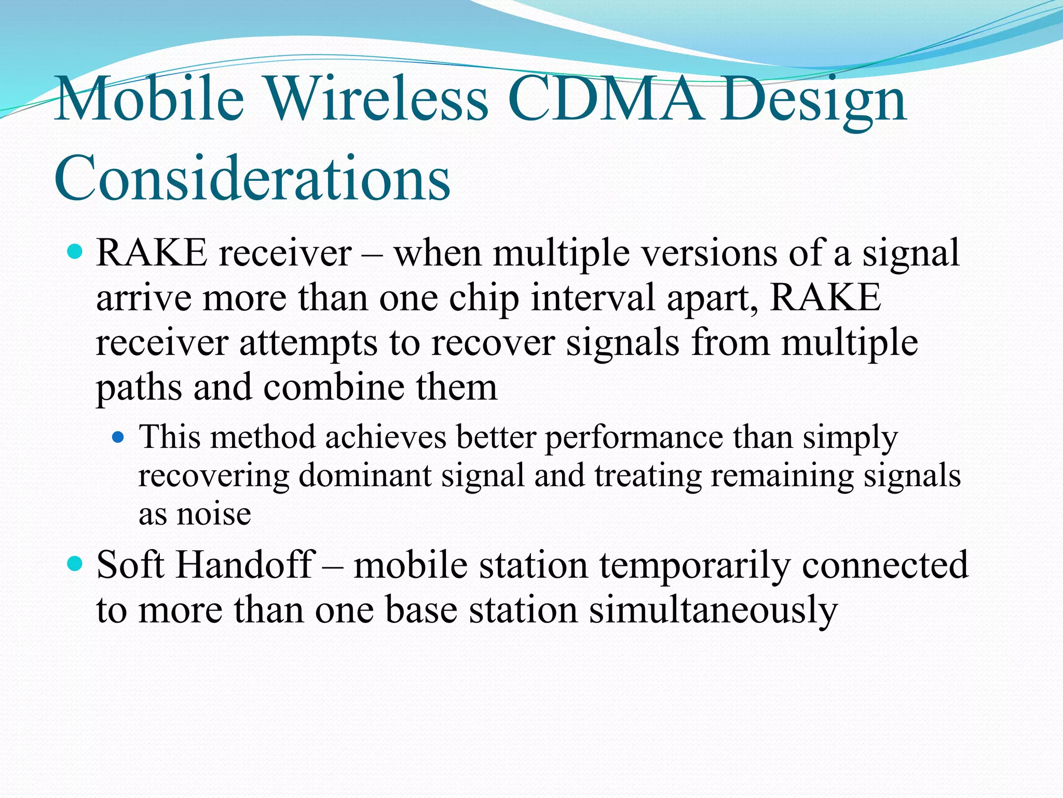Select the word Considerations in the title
(x=252, y=179)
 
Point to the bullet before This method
(x=119, y=437)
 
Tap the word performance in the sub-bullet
(x=634, y=437)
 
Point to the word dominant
(x=365, y=475)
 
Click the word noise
(x=214, y=514)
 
